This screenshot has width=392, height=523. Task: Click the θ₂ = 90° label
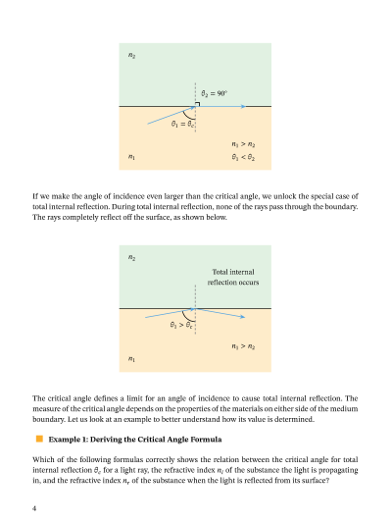[x=215, y=94]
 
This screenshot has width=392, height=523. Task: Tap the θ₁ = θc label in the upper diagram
[x=182, y=125]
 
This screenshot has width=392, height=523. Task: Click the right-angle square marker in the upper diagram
[x=198, y=103]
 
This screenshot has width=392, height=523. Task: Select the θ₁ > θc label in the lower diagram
[x=181, y=325]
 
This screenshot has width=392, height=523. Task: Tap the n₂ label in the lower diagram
[x=132, y=258]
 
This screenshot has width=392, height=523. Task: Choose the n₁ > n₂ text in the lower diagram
[x=243, y=346]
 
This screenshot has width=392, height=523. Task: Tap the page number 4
[x=34, y=508]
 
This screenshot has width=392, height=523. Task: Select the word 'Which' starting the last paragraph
[x=44, y=459]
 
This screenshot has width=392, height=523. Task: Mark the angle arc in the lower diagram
[x=191, y=316]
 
